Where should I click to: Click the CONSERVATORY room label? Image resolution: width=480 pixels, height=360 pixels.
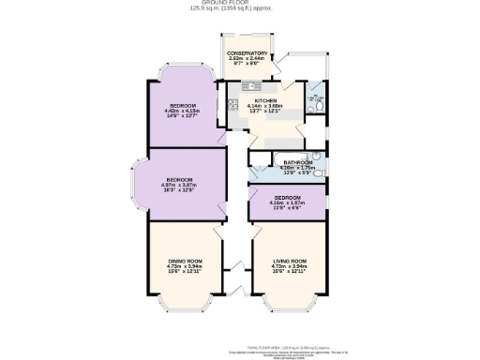pos(248,53)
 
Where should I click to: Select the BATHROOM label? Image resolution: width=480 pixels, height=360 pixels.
pos(298,162)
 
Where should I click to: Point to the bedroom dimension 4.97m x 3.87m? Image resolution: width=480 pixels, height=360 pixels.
pos(180,185)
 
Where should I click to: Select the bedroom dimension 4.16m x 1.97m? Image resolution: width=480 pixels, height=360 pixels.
pos(287,203)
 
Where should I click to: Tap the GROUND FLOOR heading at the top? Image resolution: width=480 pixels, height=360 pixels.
pos(239,4)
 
